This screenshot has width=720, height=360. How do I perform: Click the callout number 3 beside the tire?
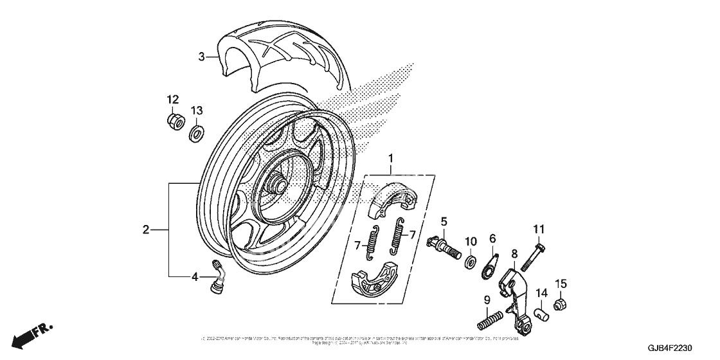201,57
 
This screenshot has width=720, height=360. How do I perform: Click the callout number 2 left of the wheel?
146,229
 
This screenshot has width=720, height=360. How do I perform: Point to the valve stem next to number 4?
218,278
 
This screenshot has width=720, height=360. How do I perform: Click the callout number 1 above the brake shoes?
390,157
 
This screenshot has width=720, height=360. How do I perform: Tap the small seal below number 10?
470,260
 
